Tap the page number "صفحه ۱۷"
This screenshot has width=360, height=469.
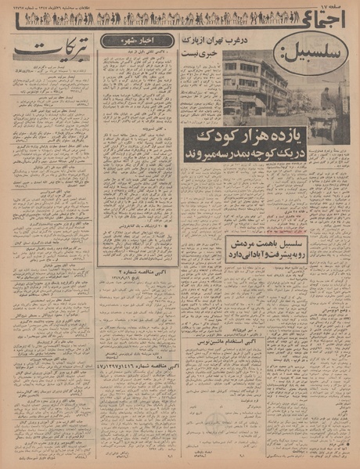(334, 5)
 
